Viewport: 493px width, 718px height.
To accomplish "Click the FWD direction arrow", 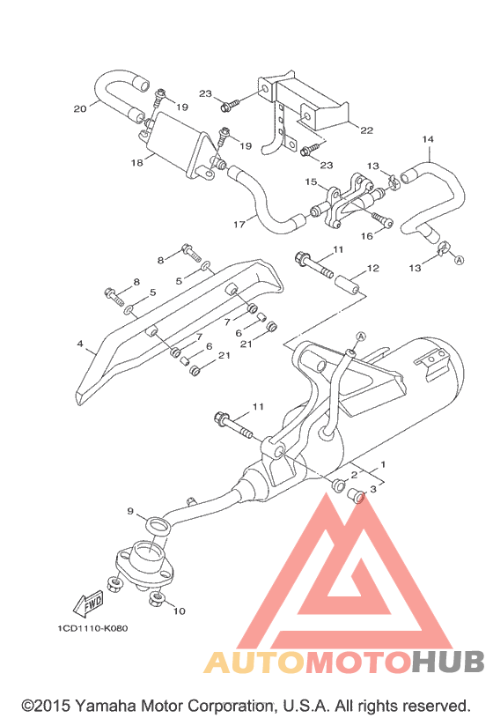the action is click(88, 603).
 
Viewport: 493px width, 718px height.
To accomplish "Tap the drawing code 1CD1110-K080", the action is click(92, 628).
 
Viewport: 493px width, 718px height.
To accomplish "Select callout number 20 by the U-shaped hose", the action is click(80, 109).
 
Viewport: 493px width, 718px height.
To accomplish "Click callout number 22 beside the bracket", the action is click(366, 130).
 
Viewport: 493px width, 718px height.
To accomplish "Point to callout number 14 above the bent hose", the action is click(428, 139).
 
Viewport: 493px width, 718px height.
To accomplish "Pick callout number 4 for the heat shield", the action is click(80, 344).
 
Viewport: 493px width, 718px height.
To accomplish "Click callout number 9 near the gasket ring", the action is click(130, 511).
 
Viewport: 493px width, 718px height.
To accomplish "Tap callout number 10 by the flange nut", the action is click(179, 611).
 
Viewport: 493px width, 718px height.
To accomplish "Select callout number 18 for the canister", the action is click(136, 163).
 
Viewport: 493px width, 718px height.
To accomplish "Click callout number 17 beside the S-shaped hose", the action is click(239, 225).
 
